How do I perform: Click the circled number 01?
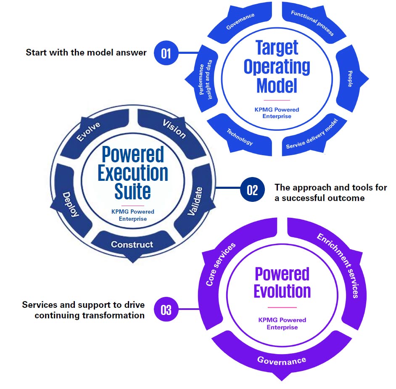[x=166, y=53]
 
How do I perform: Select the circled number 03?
[x=166, y=310]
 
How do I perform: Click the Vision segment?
[x=174, y=129]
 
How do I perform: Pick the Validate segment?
[x=195, y=201]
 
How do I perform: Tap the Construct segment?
[x=132, y=244]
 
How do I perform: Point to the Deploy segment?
[x=71, y=204]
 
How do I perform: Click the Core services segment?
[x=220, y=265]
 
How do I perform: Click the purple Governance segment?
[x=282, y=360]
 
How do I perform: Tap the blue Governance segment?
[x=240, y=21]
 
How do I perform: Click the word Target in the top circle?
[x=277, y=48]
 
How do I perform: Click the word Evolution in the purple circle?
[x=282, y=291]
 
